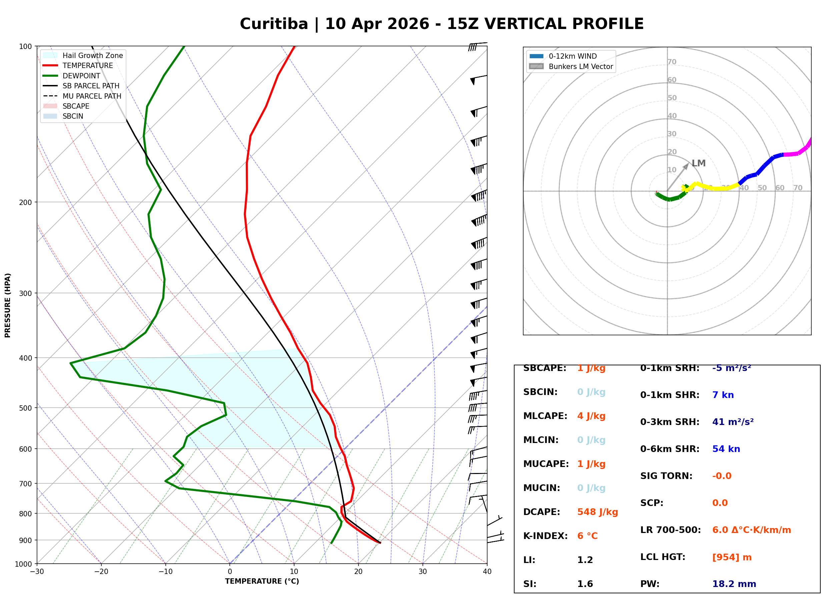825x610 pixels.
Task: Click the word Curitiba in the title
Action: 274,24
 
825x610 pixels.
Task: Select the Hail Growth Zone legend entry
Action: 92,55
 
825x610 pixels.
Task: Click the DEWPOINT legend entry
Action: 81,76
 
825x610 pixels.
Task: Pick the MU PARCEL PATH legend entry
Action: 92,96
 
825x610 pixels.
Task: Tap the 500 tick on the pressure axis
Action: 25,408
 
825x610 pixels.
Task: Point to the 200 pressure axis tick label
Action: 25,202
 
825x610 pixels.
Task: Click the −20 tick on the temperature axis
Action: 101,572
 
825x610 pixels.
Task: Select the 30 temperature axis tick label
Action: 423,572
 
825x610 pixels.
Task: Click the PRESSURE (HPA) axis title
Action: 8,305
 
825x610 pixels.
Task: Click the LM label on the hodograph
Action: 698,163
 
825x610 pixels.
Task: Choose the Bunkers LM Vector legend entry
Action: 581,66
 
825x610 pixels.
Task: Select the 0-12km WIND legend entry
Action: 573,56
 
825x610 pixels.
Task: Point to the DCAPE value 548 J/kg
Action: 598,512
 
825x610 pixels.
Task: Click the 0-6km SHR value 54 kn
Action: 726,449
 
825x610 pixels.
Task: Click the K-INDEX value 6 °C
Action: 587,536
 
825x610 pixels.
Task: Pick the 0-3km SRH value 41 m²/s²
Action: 733,422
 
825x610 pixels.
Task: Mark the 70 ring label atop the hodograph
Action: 672,62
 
